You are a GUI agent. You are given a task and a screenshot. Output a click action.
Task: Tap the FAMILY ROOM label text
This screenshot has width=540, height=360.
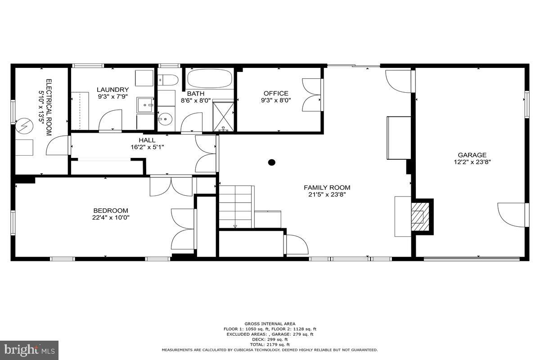click(327, 188)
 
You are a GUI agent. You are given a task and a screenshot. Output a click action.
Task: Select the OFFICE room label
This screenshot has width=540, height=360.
click(276, 94)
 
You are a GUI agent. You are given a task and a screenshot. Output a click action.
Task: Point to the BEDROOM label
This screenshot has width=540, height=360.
click(110, 211)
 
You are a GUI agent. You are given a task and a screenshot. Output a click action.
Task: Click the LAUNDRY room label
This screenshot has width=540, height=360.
click(112, 90)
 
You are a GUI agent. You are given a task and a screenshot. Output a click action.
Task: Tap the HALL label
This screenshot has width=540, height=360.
click(147, 140)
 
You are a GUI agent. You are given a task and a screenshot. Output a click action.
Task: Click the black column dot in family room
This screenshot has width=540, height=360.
click(271, 162)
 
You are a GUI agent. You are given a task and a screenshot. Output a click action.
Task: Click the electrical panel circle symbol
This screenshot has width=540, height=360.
click(22, 127)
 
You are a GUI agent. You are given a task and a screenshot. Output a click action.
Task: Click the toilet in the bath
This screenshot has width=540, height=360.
click(167, 80)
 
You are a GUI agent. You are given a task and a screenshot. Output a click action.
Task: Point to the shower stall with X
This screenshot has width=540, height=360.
click(223, 116)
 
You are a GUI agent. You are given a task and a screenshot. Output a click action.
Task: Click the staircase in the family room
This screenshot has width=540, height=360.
click(236, 207)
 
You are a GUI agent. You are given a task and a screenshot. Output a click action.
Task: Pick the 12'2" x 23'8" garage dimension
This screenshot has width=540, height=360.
click(472, 162)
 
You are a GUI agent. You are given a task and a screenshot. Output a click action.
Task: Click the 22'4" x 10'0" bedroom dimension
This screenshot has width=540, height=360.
click(110, 217)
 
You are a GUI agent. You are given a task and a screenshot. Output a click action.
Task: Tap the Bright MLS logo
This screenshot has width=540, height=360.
click(29, 350)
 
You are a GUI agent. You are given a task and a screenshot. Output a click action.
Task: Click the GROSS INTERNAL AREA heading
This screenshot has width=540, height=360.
click(270, 324)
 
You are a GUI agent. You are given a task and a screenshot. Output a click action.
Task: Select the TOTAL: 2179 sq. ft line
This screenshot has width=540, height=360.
click(270, 345)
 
